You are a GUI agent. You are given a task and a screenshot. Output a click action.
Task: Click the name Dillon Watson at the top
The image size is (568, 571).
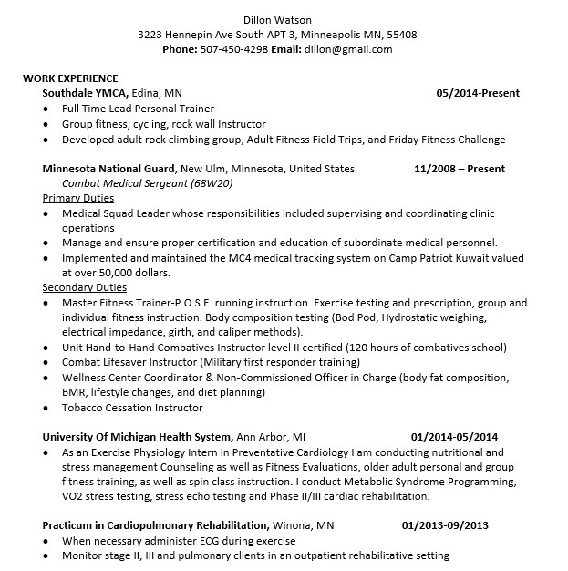click(277, 20)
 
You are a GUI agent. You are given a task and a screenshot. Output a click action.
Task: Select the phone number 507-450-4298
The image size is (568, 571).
click(233, 49)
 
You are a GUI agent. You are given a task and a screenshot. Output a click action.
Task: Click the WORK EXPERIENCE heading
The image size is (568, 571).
click(70, 78)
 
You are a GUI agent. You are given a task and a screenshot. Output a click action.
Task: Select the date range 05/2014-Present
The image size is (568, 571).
click(478, 93)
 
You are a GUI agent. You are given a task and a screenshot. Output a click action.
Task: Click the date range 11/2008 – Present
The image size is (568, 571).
click(460, 169)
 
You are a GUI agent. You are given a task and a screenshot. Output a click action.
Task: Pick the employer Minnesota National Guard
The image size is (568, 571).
click(109, 169)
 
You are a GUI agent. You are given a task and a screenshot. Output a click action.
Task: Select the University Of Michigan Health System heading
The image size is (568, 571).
click(137, 437)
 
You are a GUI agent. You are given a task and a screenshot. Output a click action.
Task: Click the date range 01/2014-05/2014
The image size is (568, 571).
click(455, 437)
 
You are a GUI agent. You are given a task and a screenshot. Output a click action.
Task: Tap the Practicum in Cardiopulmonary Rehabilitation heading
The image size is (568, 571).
click(155, 525)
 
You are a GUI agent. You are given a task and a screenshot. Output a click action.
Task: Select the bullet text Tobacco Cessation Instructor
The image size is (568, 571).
click(132, 407)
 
